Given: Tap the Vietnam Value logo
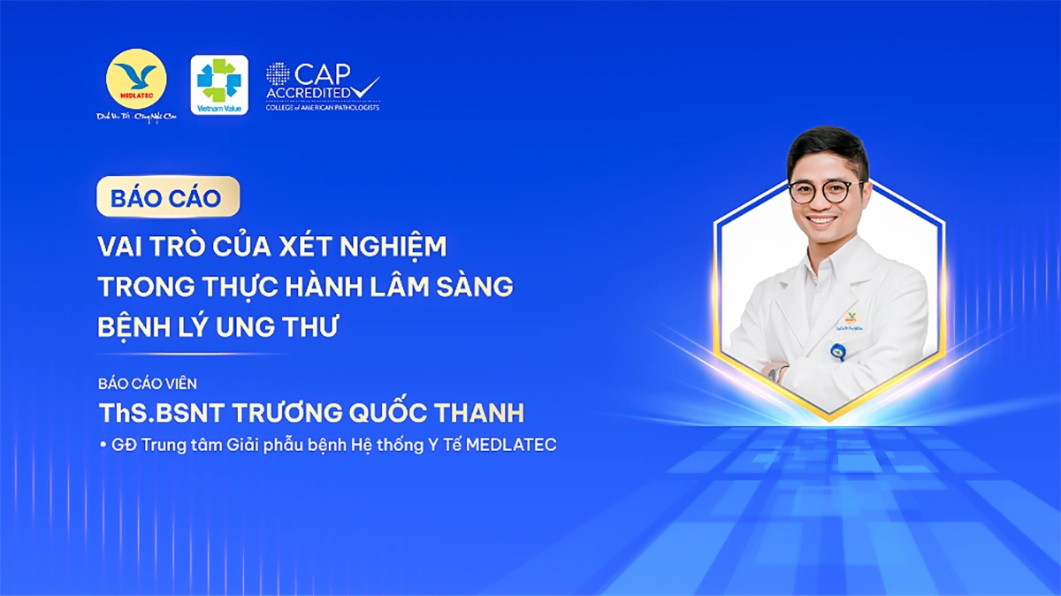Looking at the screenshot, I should (x=219, y=84).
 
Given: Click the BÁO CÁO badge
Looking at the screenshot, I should (x=167, y=197).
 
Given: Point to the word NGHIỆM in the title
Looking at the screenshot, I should (x=395, y=246).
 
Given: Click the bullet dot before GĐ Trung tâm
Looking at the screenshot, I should (x=103, y=445).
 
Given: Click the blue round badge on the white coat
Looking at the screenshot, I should (x=836, y=353).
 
